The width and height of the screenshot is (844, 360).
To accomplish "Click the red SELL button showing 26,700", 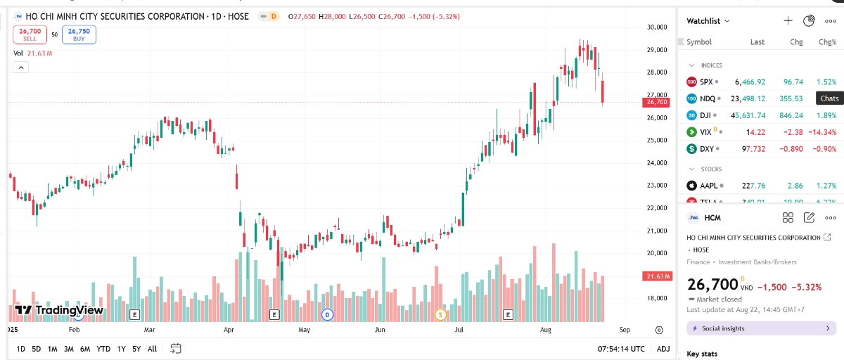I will (30, 34).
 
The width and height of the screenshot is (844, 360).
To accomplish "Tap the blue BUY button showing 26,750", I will (79, 34).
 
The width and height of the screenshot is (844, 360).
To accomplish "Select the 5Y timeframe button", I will (136, 349).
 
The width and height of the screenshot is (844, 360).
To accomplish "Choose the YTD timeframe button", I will (103, 349).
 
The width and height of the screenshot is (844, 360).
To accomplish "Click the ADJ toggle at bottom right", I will (663, 349).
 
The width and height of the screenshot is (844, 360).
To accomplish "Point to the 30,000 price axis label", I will (656, 27).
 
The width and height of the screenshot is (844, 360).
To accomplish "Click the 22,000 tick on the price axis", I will (656, 208).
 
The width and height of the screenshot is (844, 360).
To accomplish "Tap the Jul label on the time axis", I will (459, 329).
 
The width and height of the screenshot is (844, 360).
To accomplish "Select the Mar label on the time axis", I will (149, 329).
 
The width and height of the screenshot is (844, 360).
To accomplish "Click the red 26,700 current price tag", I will (656, 102).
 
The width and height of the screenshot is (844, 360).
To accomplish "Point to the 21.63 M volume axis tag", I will (656, 276).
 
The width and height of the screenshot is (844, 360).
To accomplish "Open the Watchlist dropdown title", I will (708, 21).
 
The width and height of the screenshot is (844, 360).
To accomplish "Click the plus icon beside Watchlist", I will (788, 21).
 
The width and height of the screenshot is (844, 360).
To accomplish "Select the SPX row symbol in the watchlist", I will (706, 82).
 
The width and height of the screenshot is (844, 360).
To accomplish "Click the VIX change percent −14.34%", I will (822, 132).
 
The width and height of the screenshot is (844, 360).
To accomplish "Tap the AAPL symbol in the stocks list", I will (708, 186).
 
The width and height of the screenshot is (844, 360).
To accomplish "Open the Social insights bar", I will (761, 328).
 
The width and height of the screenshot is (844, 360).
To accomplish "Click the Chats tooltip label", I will (829, 99).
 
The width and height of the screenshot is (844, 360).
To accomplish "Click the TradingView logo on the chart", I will (59, 310).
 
